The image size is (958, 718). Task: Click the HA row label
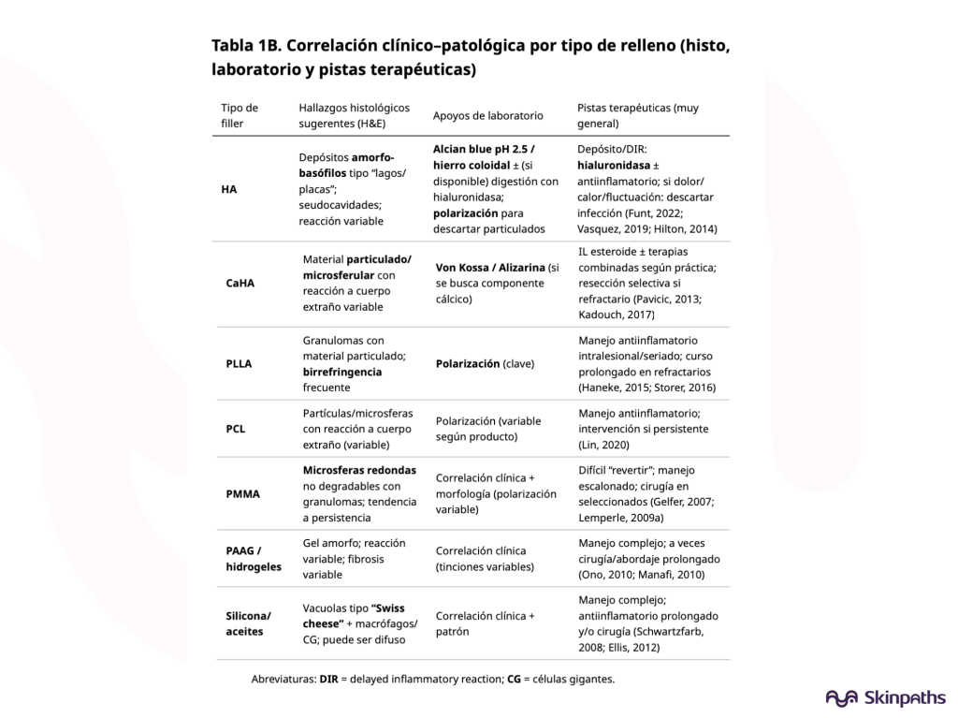coord(229,189)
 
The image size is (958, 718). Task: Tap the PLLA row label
coord(239,363)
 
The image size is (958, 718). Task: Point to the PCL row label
coord(236,429)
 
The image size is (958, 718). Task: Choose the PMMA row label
coord(242,493)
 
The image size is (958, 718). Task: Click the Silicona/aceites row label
coord(248,623)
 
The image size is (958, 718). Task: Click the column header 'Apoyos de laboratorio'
coord(487,116)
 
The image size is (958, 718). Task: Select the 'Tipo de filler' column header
coord(239,115)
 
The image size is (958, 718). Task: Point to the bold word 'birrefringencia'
coord(341,372)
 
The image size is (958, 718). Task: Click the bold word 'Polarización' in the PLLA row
coord(468,363)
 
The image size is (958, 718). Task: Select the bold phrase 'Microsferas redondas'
coord(359,470)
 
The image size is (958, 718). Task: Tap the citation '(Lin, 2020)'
coord(604,445)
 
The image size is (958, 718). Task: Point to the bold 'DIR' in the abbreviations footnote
coord(328,679)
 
